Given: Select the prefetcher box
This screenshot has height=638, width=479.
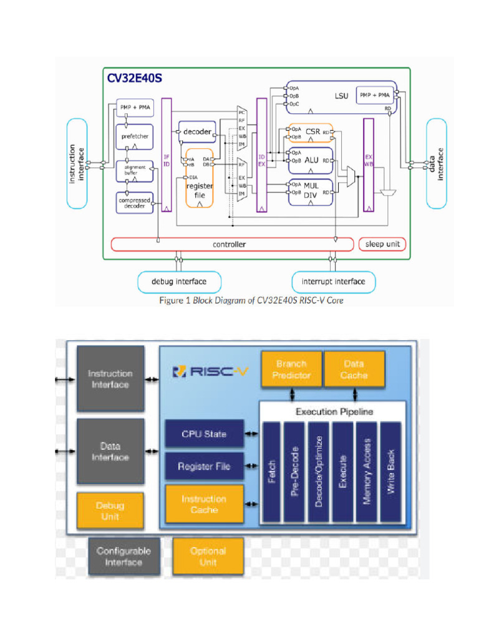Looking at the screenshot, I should coord(135,135).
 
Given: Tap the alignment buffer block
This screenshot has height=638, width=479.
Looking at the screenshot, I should coord(135,171).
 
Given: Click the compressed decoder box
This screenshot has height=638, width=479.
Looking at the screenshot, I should coord(135,202).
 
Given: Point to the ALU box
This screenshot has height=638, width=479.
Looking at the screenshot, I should coord(311,160).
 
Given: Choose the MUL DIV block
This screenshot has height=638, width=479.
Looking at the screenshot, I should coord(311,191).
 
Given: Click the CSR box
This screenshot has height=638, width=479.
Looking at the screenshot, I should coord(311,132).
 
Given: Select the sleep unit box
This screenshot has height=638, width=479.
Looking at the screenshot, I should coord(382,244).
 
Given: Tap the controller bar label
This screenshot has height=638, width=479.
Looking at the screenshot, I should coord(230,244).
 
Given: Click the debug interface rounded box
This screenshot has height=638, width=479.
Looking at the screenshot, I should coord(179,282).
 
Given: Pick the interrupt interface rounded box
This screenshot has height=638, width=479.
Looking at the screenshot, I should coord(334,282).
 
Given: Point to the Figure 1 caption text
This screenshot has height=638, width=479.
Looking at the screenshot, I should coord(251,300).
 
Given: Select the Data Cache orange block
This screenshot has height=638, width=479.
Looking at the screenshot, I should coord(354,369).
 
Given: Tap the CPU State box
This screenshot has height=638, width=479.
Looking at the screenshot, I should coord(204,434).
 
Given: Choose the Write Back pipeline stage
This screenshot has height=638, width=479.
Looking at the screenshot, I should coord(390,472).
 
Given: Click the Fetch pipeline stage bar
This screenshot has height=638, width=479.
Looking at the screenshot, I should coord(271,472).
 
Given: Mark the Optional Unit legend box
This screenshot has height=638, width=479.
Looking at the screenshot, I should coord(208,556).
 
